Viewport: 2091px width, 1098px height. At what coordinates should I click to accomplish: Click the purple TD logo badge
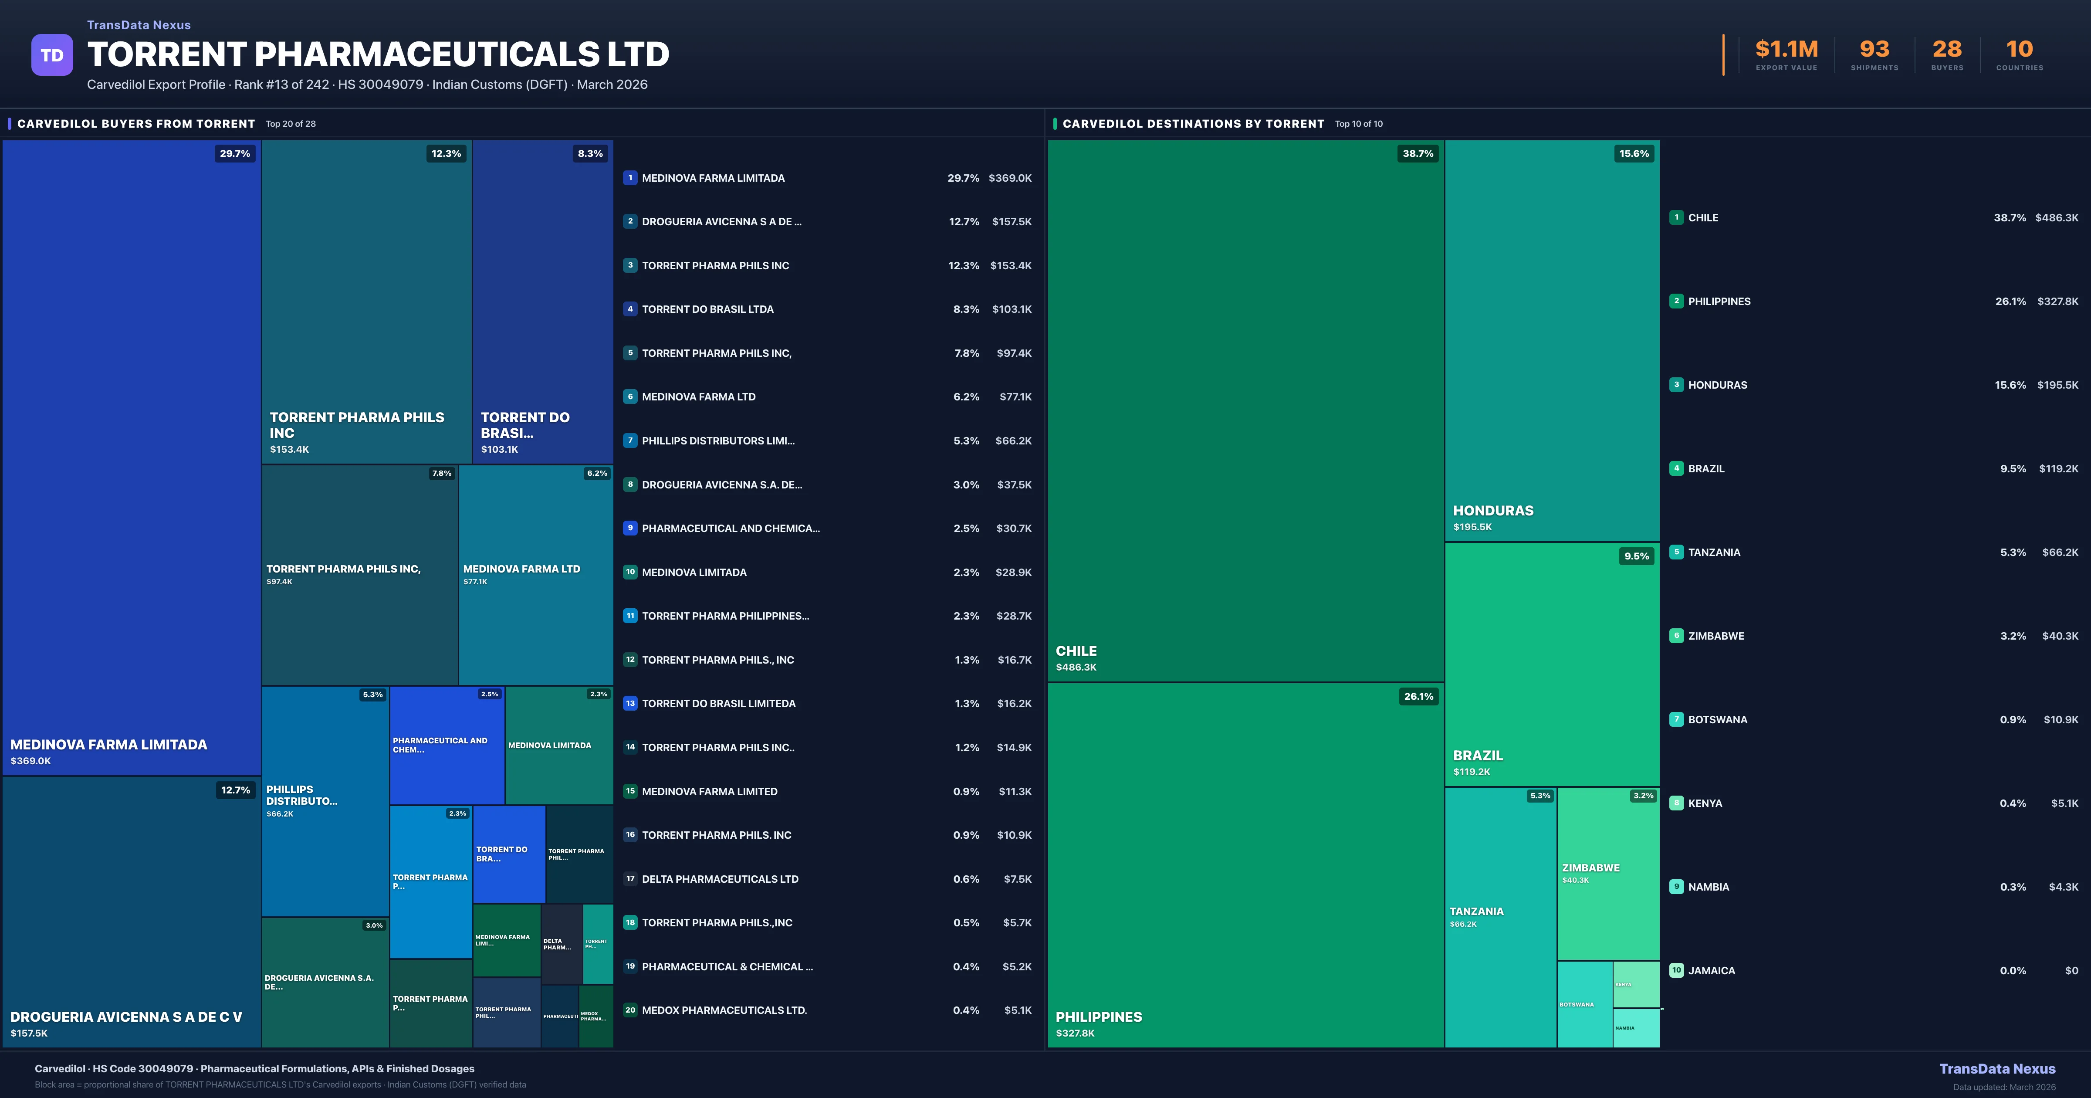click(x=52, y=55)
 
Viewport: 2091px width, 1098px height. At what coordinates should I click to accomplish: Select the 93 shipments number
click(x=1874, y=50)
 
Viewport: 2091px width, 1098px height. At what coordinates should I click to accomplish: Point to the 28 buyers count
click(x=1946, y=50)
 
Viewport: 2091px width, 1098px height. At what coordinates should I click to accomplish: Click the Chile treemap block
click(x=1245, y=410)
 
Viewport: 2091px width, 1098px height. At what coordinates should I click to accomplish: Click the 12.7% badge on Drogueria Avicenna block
click(x=235, y=790)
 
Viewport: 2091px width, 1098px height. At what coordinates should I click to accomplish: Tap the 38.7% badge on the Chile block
click(x=1417, y=153)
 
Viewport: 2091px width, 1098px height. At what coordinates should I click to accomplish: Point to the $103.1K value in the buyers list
click(x=1012, y=309)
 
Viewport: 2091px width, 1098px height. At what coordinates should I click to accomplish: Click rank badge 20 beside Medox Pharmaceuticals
click(x=630, y=1010)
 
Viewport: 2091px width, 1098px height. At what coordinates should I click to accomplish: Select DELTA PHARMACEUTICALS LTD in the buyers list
click(x=720, y=879)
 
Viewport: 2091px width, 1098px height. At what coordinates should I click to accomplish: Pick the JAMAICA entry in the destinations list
click(x=1711, y=970)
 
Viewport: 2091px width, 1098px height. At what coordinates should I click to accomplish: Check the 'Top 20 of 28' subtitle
click(x=291, y=124)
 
